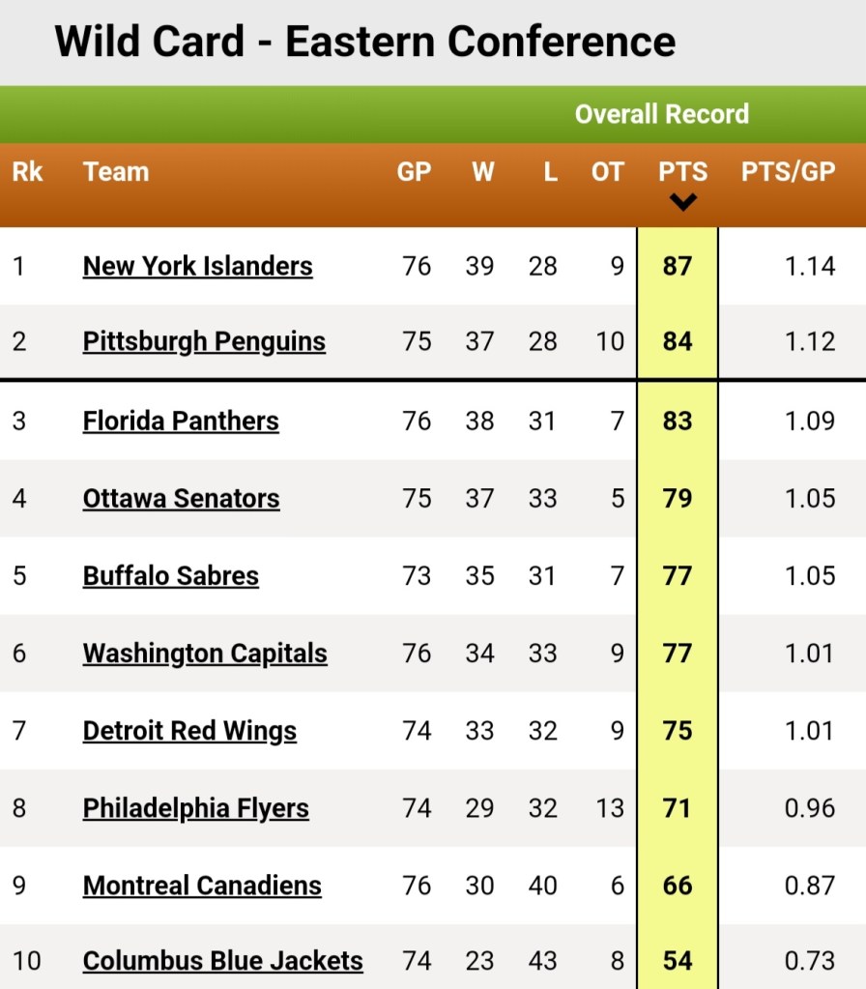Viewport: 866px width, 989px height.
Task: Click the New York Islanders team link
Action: coord(197,266)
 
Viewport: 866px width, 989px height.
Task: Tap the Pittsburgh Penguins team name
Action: coord(204,342)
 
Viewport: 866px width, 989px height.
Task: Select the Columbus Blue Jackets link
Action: coord(222,961)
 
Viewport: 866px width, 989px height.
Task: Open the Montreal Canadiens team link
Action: coord(202,886)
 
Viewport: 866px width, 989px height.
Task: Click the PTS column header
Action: coord(683,171)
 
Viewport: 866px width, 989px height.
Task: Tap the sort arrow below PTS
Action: coord(683,202)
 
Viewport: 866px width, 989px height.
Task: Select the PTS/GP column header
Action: coord(788,171)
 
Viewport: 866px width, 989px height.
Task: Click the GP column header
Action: coord(414,171)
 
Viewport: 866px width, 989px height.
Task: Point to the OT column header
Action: coord(607,171)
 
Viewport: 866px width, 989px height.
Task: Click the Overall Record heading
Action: coord(662,114)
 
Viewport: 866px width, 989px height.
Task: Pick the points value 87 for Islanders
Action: coord(678,266)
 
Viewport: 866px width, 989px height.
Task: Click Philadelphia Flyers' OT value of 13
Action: coord(610,808)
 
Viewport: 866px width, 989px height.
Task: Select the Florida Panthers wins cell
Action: coord(480,421)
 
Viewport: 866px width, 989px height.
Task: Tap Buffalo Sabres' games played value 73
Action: coord(417,576)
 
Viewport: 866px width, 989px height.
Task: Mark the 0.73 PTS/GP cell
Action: coord(810,961)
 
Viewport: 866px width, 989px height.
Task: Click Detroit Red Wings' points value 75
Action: coord(678,731)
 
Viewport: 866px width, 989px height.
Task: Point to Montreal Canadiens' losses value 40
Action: coord(543,886)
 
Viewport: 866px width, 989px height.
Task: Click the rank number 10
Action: coord(26,961)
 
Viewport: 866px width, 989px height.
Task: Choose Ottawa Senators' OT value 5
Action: coord(618,498)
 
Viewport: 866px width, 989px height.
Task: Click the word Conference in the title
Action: coord(562,42)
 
